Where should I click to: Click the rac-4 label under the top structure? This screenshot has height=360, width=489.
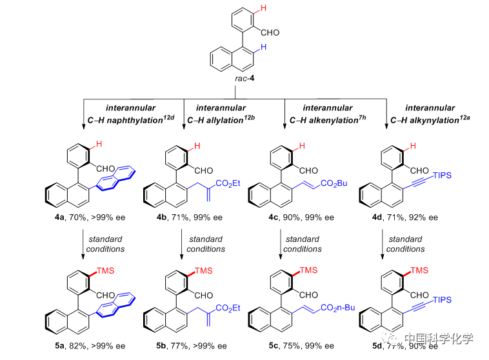(245, 81)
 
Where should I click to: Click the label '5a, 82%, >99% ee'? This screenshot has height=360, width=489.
(86, 346)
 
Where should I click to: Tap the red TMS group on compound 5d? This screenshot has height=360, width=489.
(418, 271)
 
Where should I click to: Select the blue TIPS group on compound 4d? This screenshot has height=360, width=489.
(443, 175)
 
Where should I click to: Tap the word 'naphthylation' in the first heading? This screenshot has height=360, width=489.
(121, 119)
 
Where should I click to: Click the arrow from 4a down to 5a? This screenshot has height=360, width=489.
(84, 243)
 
